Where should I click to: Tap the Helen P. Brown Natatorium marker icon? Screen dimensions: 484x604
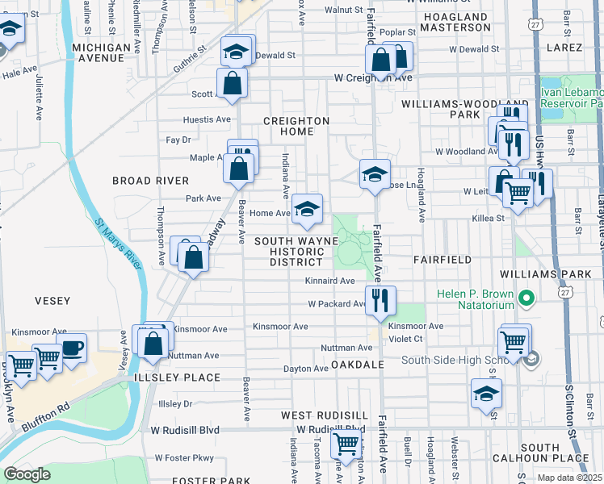(x=527, y=300)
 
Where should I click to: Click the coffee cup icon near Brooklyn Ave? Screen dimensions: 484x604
(x=72, y=348)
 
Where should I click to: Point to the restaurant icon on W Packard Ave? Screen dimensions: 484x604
(x=380, y=300)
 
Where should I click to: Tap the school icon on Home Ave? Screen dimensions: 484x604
(x=307, y=209)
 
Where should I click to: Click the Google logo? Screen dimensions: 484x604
(x=27, y=474)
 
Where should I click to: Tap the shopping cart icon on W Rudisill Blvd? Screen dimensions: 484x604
(x=346, y=442)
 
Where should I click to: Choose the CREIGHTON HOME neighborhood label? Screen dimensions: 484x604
(x=296, y=127)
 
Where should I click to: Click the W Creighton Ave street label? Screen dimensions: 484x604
(x=373, y=78)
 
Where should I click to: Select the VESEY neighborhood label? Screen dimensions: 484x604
(x=54, y=300)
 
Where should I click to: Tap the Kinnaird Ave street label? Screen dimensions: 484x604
(x=329, y=281)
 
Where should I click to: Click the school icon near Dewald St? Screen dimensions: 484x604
(x=237, y=50)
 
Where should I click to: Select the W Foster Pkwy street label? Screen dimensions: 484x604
(x=184, y=457)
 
